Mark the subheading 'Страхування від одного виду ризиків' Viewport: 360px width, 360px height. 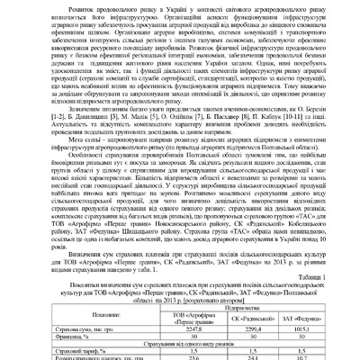click(180, 345)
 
